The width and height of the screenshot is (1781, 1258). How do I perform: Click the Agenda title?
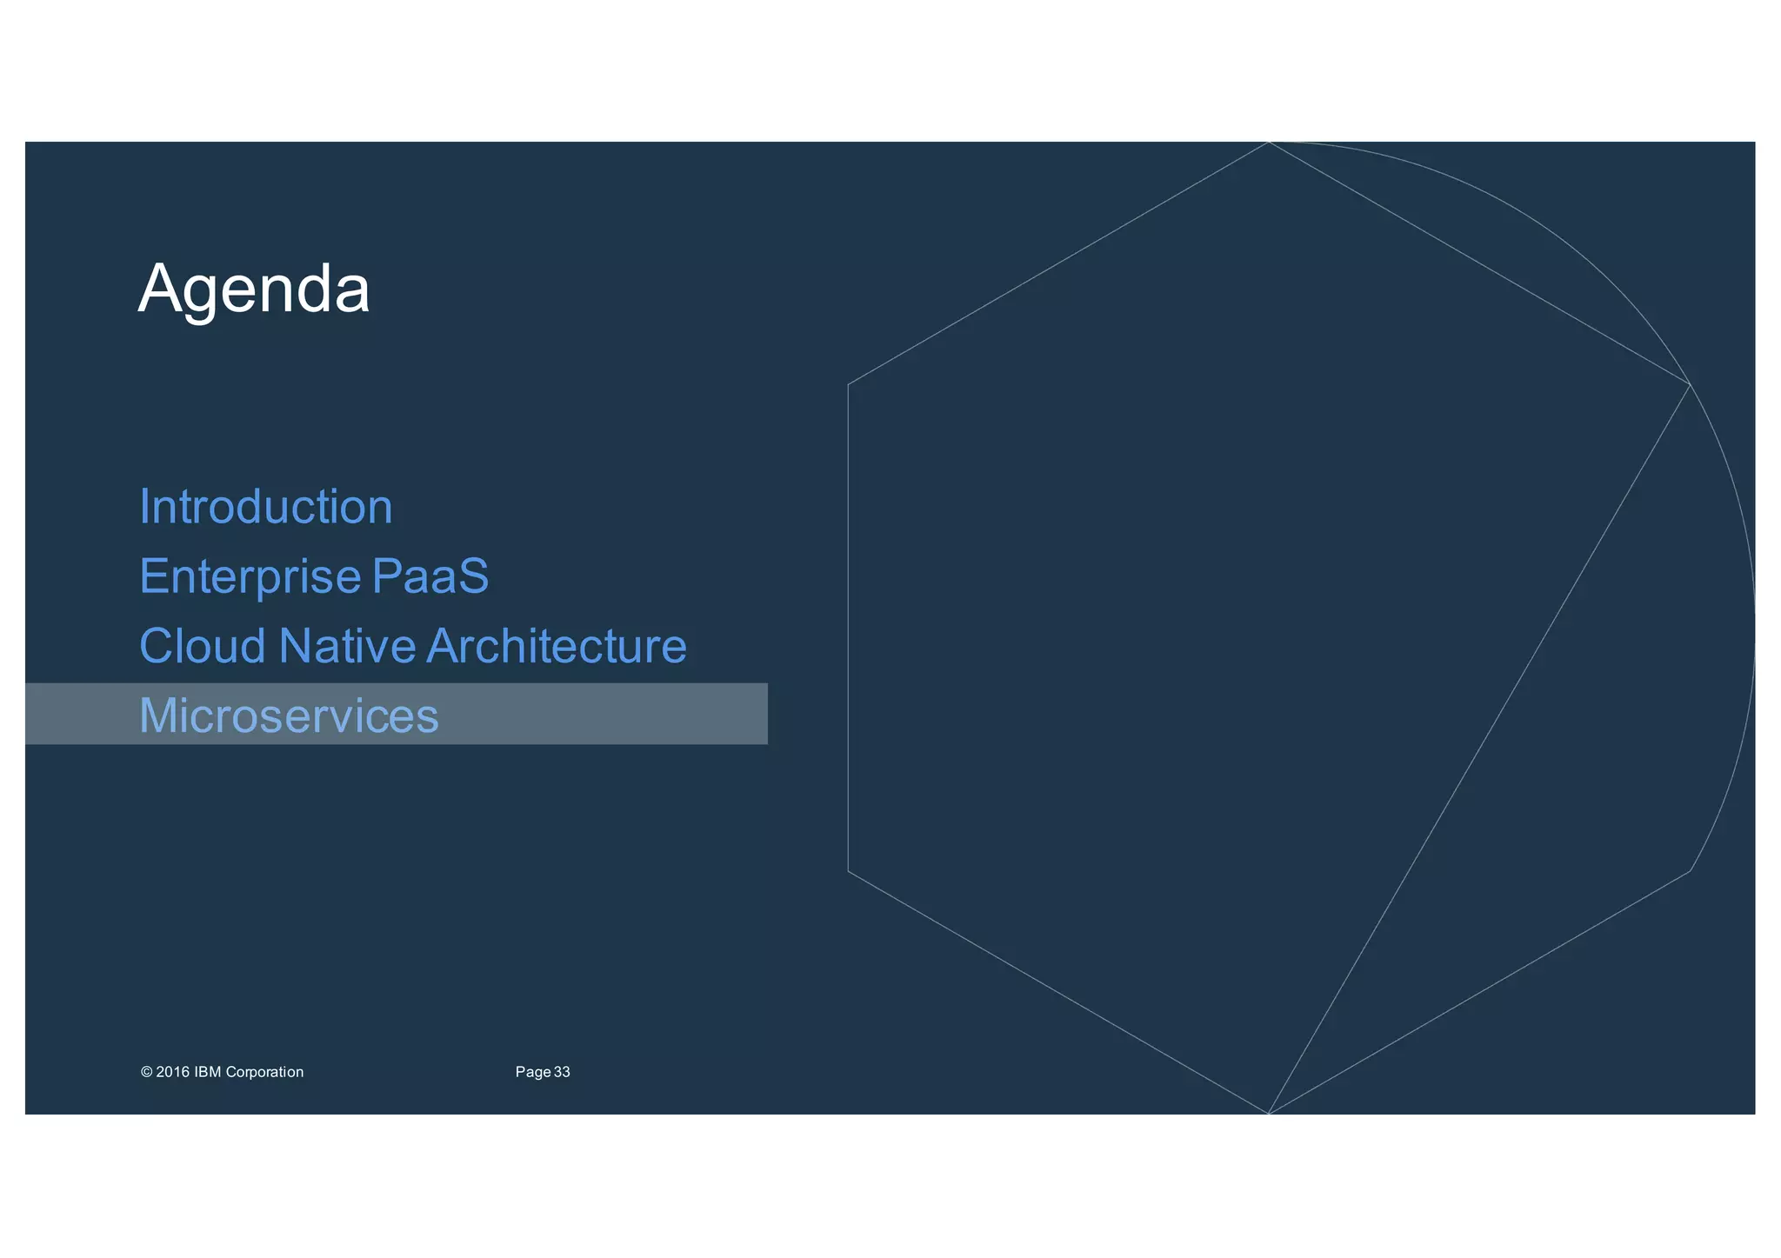tap(254, 290)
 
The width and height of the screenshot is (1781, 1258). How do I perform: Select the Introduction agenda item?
tap(266, 507)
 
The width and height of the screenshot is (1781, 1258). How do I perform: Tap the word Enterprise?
tap(250, 576)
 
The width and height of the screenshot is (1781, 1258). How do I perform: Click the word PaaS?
tap(430, 576)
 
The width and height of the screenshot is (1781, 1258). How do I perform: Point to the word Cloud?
tap(203, 646)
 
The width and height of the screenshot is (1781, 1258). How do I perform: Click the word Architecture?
tap(557, 646)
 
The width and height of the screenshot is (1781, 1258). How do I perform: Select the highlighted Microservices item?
tap(289, 716)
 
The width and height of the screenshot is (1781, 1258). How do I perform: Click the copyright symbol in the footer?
tap(146, 1072)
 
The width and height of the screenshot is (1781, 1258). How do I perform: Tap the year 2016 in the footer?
tap(172, 1072)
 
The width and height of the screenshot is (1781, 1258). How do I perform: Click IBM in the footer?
tap(208, 1072)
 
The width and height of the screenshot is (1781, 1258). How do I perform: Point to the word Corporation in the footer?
tap(264, 1072)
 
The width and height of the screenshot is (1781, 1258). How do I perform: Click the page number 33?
tap(562, 1072)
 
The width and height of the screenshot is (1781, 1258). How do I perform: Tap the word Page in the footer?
tap(532, 1072)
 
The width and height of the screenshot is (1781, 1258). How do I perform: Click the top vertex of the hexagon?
tap(1269, 142)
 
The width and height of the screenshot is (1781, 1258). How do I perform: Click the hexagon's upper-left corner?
tap(848, 383)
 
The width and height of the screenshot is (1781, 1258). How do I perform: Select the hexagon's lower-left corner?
tap(848, 871)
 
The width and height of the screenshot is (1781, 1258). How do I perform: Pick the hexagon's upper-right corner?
tap(1690, 383)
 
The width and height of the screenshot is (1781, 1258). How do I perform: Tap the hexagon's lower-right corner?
tap(1690, 871)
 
